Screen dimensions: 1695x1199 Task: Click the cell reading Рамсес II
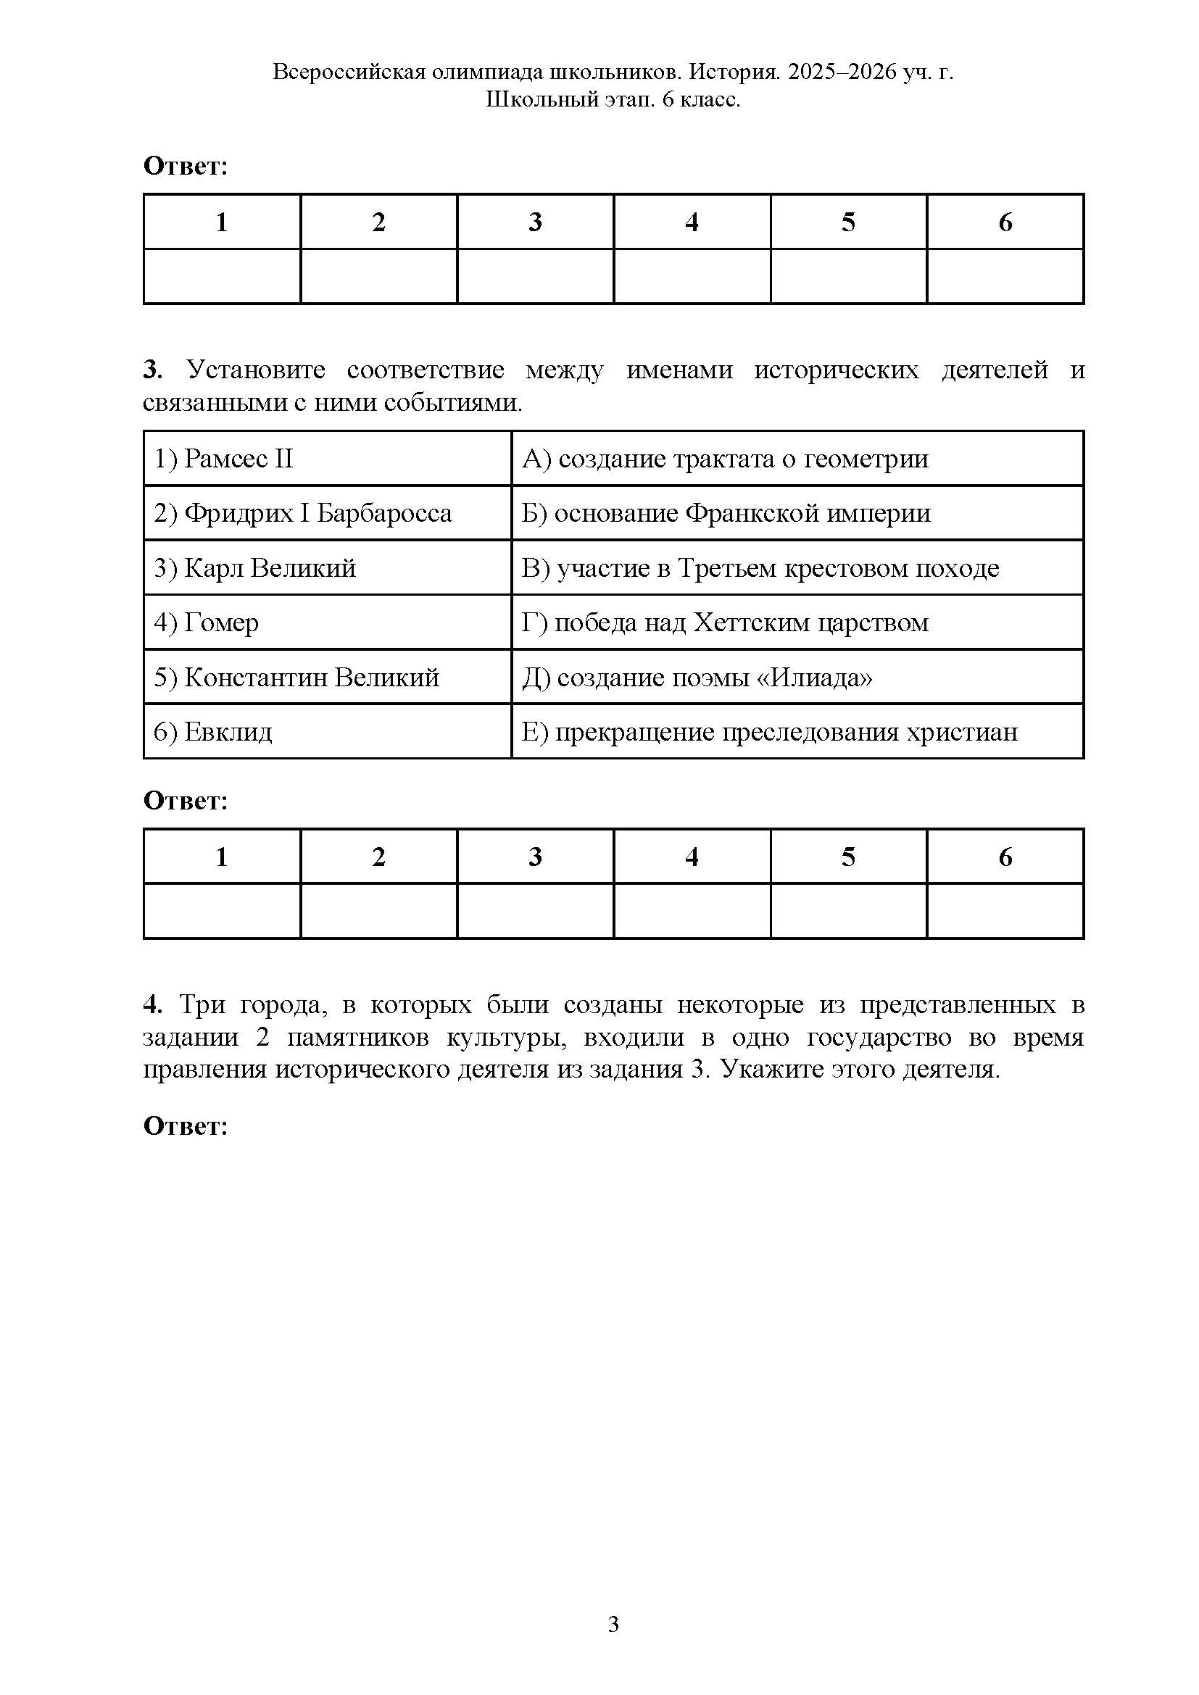click(224, 459)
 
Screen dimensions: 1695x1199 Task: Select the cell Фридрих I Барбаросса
click(303, 514)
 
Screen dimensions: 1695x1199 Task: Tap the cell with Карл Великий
click(254, 568)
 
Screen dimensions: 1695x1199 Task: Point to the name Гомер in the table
click(221, 623)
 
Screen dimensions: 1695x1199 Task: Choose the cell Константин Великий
click(296, 678)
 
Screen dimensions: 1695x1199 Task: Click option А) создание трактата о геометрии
click(725, 459)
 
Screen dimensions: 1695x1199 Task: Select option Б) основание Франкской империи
click(726, 514)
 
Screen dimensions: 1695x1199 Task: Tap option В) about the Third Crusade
click(760, 568)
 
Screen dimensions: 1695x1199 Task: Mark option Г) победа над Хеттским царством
click(725, 623)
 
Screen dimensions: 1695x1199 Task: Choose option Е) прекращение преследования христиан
click(770, 733)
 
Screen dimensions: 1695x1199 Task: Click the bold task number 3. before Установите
click(152, 370)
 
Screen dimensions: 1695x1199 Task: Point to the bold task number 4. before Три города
click(152, 1004)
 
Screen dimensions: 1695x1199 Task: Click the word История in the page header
click(733, 72)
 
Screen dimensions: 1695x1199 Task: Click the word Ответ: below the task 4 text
click(186, 1127)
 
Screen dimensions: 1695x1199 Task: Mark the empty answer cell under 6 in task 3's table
click(1005, 911)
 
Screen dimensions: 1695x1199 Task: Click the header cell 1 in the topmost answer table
click(222, 222)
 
